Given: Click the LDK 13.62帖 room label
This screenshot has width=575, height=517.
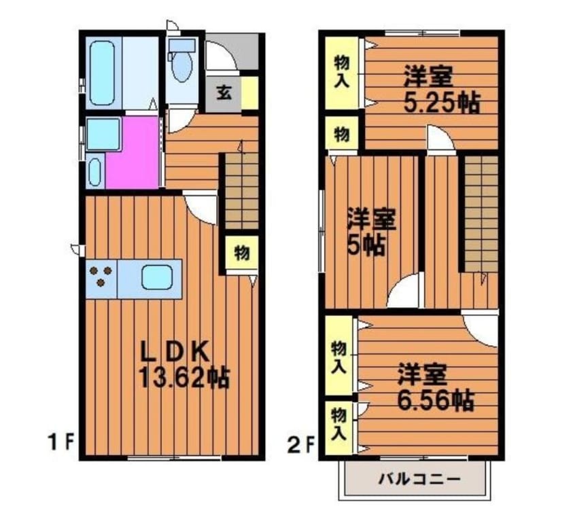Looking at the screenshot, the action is coord(184,366).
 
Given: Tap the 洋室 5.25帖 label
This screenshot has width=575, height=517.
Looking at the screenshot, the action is coord(442,89).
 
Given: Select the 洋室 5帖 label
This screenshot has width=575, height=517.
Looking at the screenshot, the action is coord(371,232).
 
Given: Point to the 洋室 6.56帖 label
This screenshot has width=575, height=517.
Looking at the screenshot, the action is coord(436,387).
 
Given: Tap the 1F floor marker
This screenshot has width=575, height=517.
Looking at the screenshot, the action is coord(62,442).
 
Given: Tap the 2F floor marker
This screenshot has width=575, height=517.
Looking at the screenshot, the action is coord(302,445).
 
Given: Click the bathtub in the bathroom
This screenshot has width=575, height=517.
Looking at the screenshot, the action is coord(101,73).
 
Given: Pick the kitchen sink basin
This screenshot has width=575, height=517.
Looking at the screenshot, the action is coord(157,278).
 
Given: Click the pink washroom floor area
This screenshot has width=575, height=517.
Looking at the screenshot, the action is coord(133,152).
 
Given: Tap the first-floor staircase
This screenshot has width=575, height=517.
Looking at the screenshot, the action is coord(241,191).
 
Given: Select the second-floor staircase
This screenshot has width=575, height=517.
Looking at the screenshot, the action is coord(481,214).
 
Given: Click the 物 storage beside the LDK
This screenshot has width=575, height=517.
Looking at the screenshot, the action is coord(241,253).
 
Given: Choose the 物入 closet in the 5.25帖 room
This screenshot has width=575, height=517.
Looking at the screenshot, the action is coord(341,73).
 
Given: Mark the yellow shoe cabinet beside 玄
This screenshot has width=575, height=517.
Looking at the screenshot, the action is coord(249,93).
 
